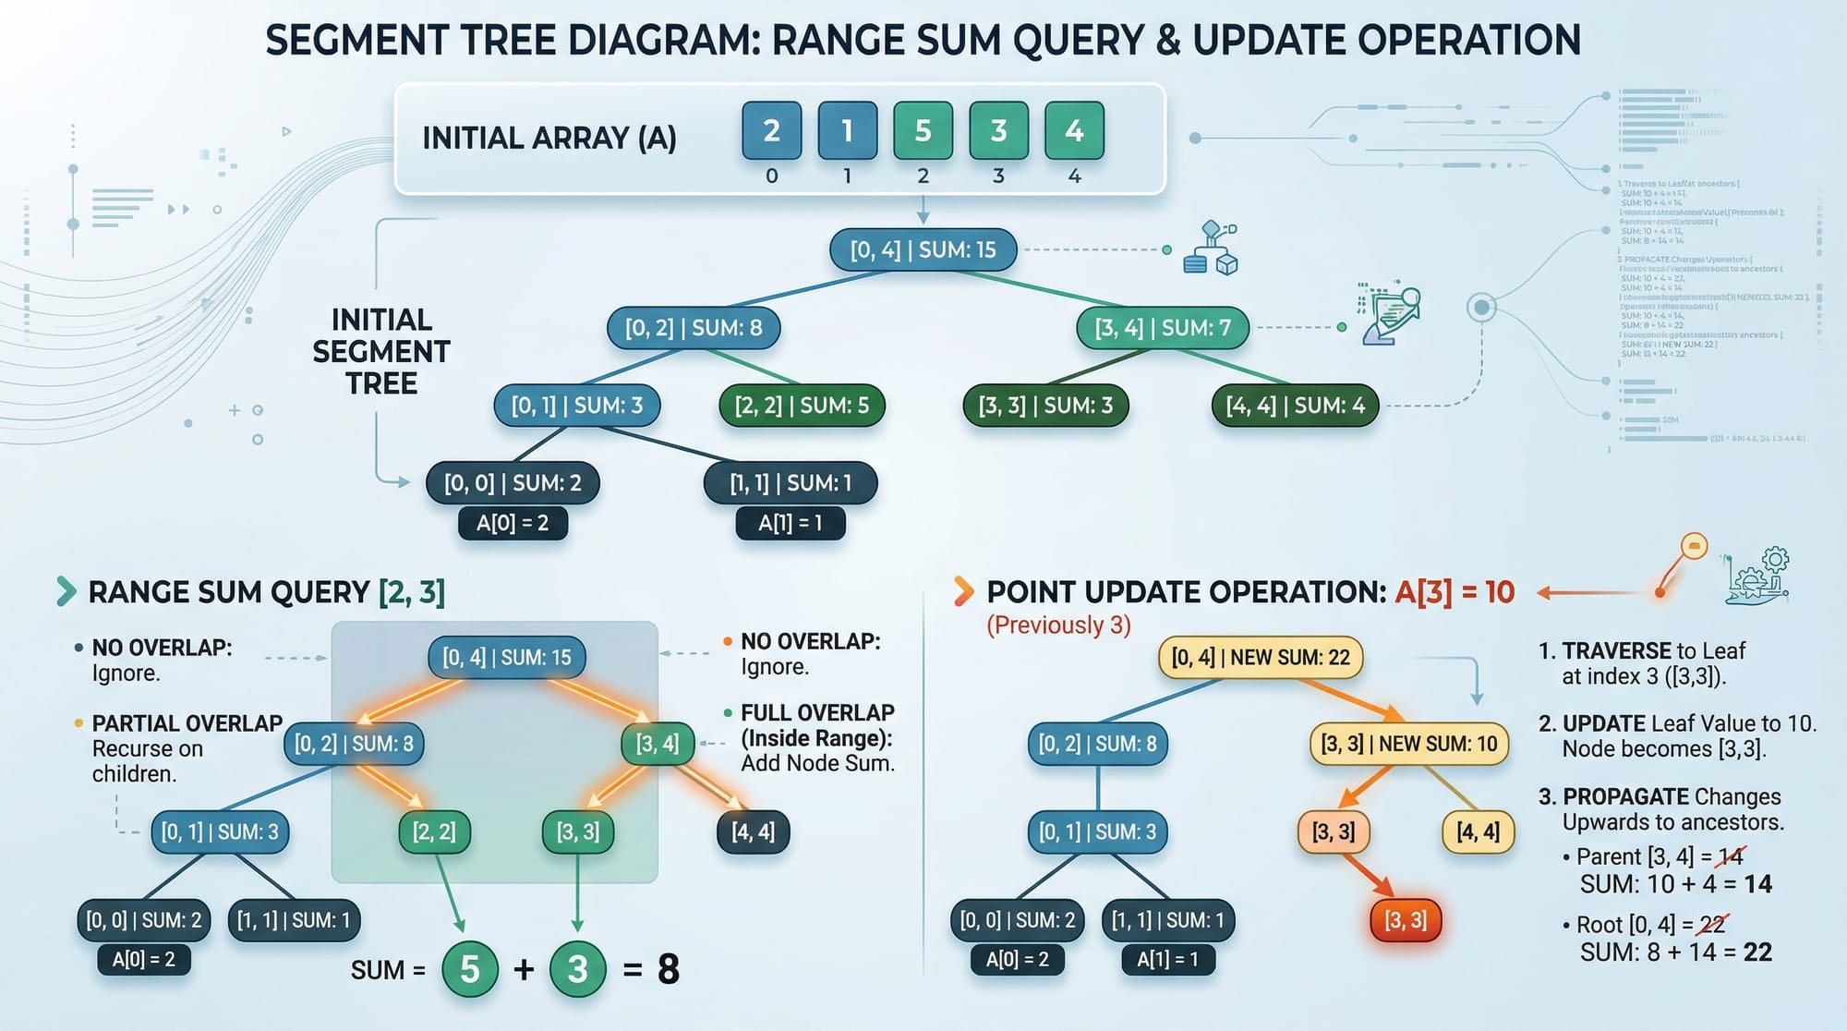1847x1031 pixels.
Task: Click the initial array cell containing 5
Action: tap(923, 131)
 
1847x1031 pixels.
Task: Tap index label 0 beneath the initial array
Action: tap(772, 176)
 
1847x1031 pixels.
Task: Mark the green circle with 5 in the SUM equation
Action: tap(470, 969)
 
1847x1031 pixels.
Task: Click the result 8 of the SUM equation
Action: tap(669, 969)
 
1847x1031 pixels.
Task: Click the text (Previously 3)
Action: tap(1058, 625)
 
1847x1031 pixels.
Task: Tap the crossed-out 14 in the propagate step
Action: tap(1730, 856)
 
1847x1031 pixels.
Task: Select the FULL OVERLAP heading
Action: tap(817, 713)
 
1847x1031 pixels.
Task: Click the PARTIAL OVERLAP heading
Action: tap(187, 723)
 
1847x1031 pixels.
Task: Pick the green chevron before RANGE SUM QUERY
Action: tap(66, 591)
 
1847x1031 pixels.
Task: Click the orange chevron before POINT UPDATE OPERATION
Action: tap(963, 591)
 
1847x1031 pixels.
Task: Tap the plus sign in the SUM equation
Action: tap(524, 969)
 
